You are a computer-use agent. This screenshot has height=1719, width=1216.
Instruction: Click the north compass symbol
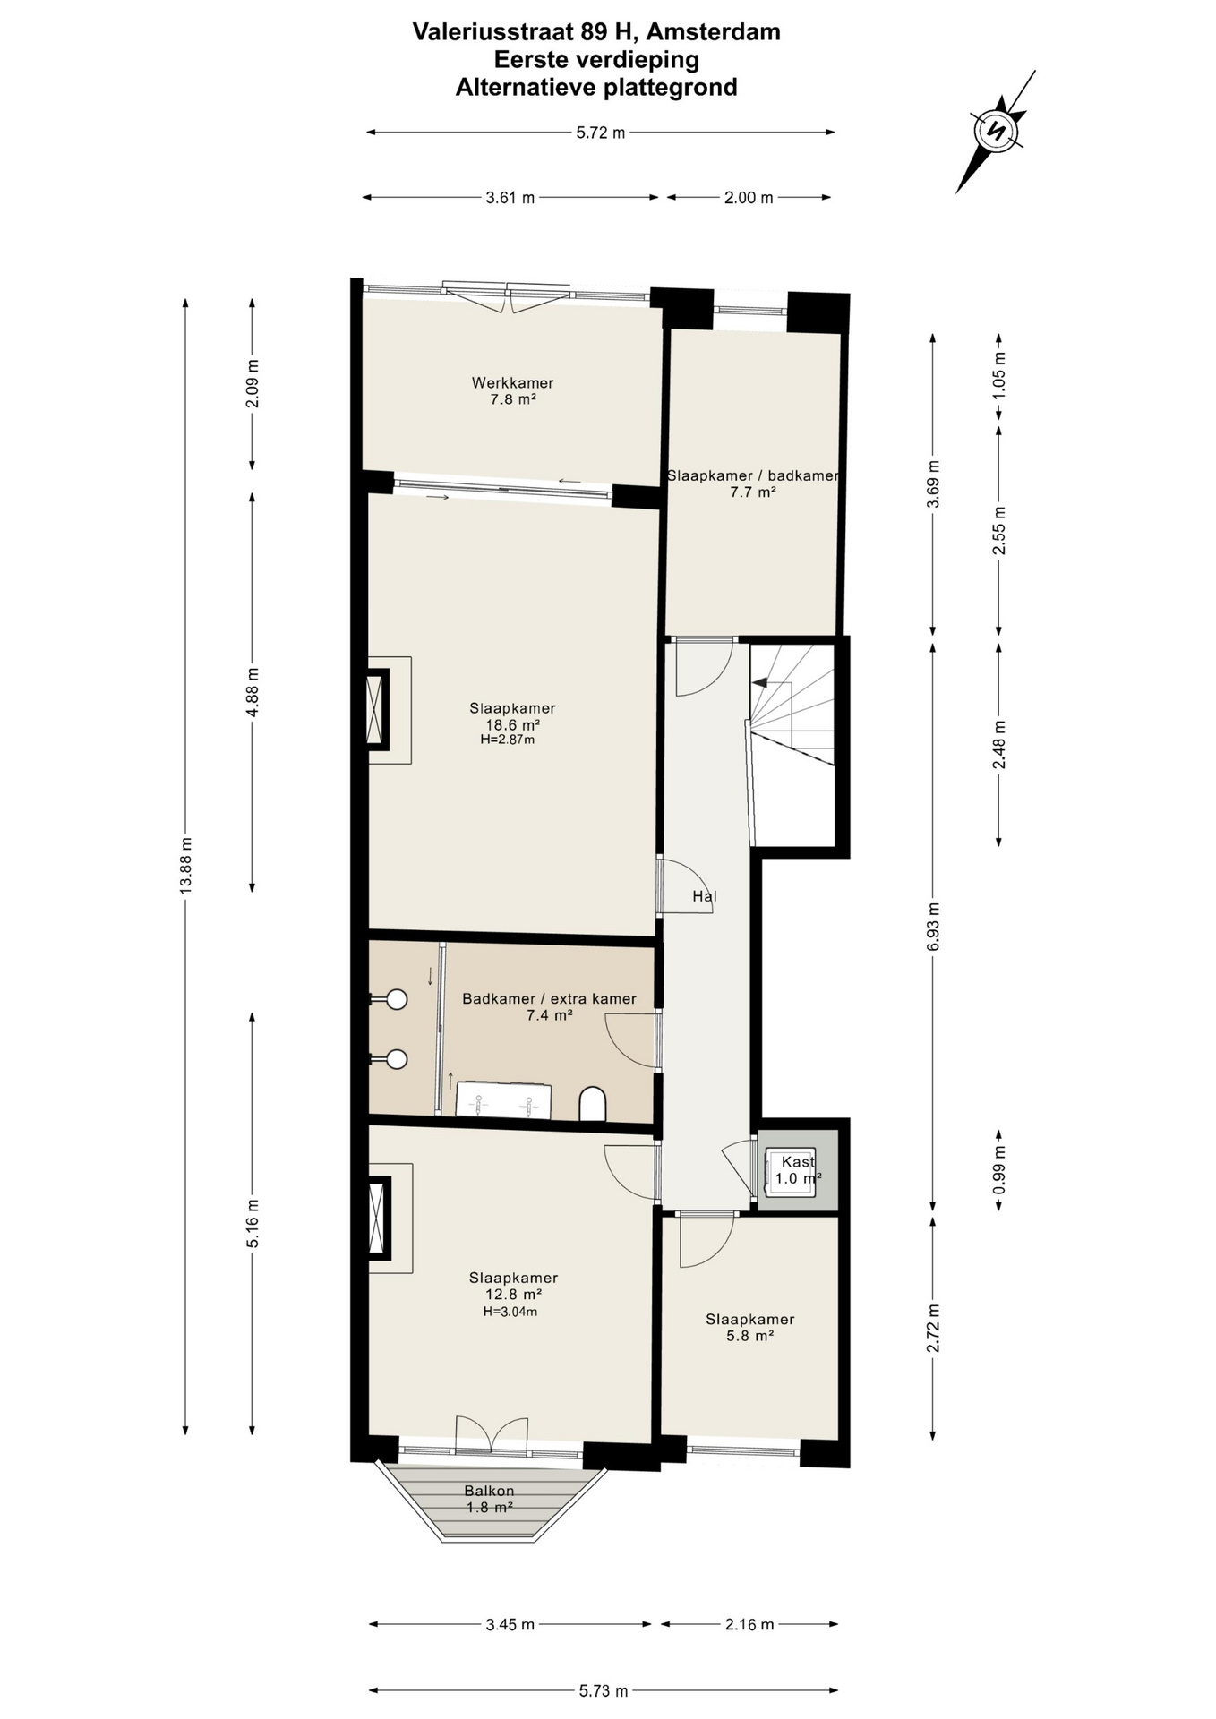coord(995,131)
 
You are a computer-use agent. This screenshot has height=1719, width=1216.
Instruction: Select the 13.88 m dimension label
coord(185,866)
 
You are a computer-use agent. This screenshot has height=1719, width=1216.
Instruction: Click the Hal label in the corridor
coord(705,896)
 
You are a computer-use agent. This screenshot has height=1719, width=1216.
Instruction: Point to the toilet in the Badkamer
coord(593,1104)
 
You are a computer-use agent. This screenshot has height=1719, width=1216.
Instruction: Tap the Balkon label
coord(489,1491)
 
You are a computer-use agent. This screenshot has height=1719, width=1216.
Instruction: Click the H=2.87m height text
coord(508,740)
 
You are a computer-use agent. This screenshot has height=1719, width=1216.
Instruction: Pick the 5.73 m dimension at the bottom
coord(603,1691)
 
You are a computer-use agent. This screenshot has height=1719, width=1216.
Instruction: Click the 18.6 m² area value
coord(512,725)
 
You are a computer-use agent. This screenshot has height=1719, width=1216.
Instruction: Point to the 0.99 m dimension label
coord(999,1169)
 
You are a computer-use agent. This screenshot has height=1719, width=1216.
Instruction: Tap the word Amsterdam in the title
coord(713,32)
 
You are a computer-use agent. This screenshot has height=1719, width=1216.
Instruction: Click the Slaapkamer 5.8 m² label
coord(750,1328)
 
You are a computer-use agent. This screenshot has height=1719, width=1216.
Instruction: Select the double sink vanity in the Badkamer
coord(503,1099)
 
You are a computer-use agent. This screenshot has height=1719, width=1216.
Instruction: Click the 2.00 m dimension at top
coord(749,198)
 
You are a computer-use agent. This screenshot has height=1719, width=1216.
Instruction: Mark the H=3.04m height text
coord(510,1312)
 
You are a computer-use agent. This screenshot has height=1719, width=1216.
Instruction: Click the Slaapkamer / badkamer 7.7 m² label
coord(753,483)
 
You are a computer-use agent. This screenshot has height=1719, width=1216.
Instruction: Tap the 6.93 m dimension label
coord(933,928)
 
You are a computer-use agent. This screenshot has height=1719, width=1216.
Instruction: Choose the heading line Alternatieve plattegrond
coord(596,88)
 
